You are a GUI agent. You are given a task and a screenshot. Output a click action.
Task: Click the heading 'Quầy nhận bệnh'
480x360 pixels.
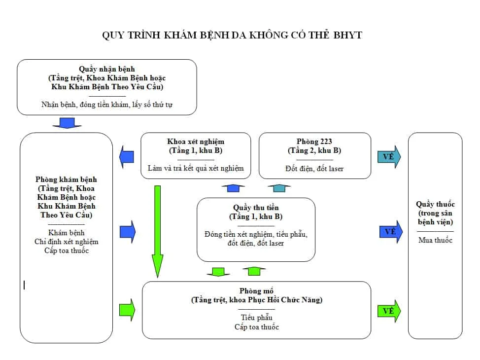point(106,69)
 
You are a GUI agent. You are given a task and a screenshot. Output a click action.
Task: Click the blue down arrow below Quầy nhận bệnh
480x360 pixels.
point(67,123)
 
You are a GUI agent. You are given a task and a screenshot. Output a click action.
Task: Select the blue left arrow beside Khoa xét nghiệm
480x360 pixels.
point(127,157)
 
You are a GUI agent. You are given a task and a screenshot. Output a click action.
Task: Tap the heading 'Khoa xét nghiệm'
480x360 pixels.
point(196,142)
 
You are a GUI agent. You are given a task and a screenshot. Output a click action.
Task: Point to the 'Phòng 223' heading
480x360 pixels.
point(314,142)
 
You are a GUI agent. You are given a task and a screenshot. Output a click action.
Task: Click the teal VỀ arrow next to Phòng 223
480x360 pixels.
point(389,157)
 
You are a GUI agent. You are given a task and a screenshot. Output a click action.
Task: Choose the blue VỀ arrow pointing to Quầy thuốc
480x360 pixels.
point(390,231)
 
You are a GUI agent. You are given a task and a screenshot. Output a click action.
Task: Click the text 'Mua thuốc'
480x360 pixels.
point(435,240)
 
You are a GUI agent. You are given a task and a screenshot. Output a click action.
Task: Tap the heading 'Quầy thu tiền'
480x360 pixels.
point(256,208)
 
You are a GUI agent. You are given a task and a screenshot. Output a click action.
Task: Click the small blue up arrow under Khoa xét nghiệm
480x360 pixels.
point(233,188)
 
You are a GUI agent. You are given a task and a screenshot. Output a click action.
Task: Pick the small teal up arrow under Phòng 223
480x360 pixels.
point(278,188)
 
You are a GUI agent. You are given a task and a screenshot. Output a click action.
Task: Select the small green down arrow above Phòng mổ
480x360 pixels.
point(218,271)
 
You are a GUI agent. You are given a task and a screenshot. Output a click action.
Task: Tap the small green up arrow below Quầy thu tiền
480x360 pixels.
point(254,271)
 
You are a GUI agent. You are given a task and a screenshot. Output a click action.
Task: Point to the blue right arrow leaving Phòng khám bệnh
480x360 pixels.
point(127,231)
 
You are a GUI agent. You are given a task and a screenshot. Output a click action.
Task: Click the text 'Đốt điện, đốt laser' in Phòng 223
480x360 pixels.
point(314,169)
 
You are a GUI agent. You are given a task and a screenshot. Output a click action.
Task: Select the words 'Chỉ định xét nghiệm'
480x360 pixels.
point(66,242)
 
